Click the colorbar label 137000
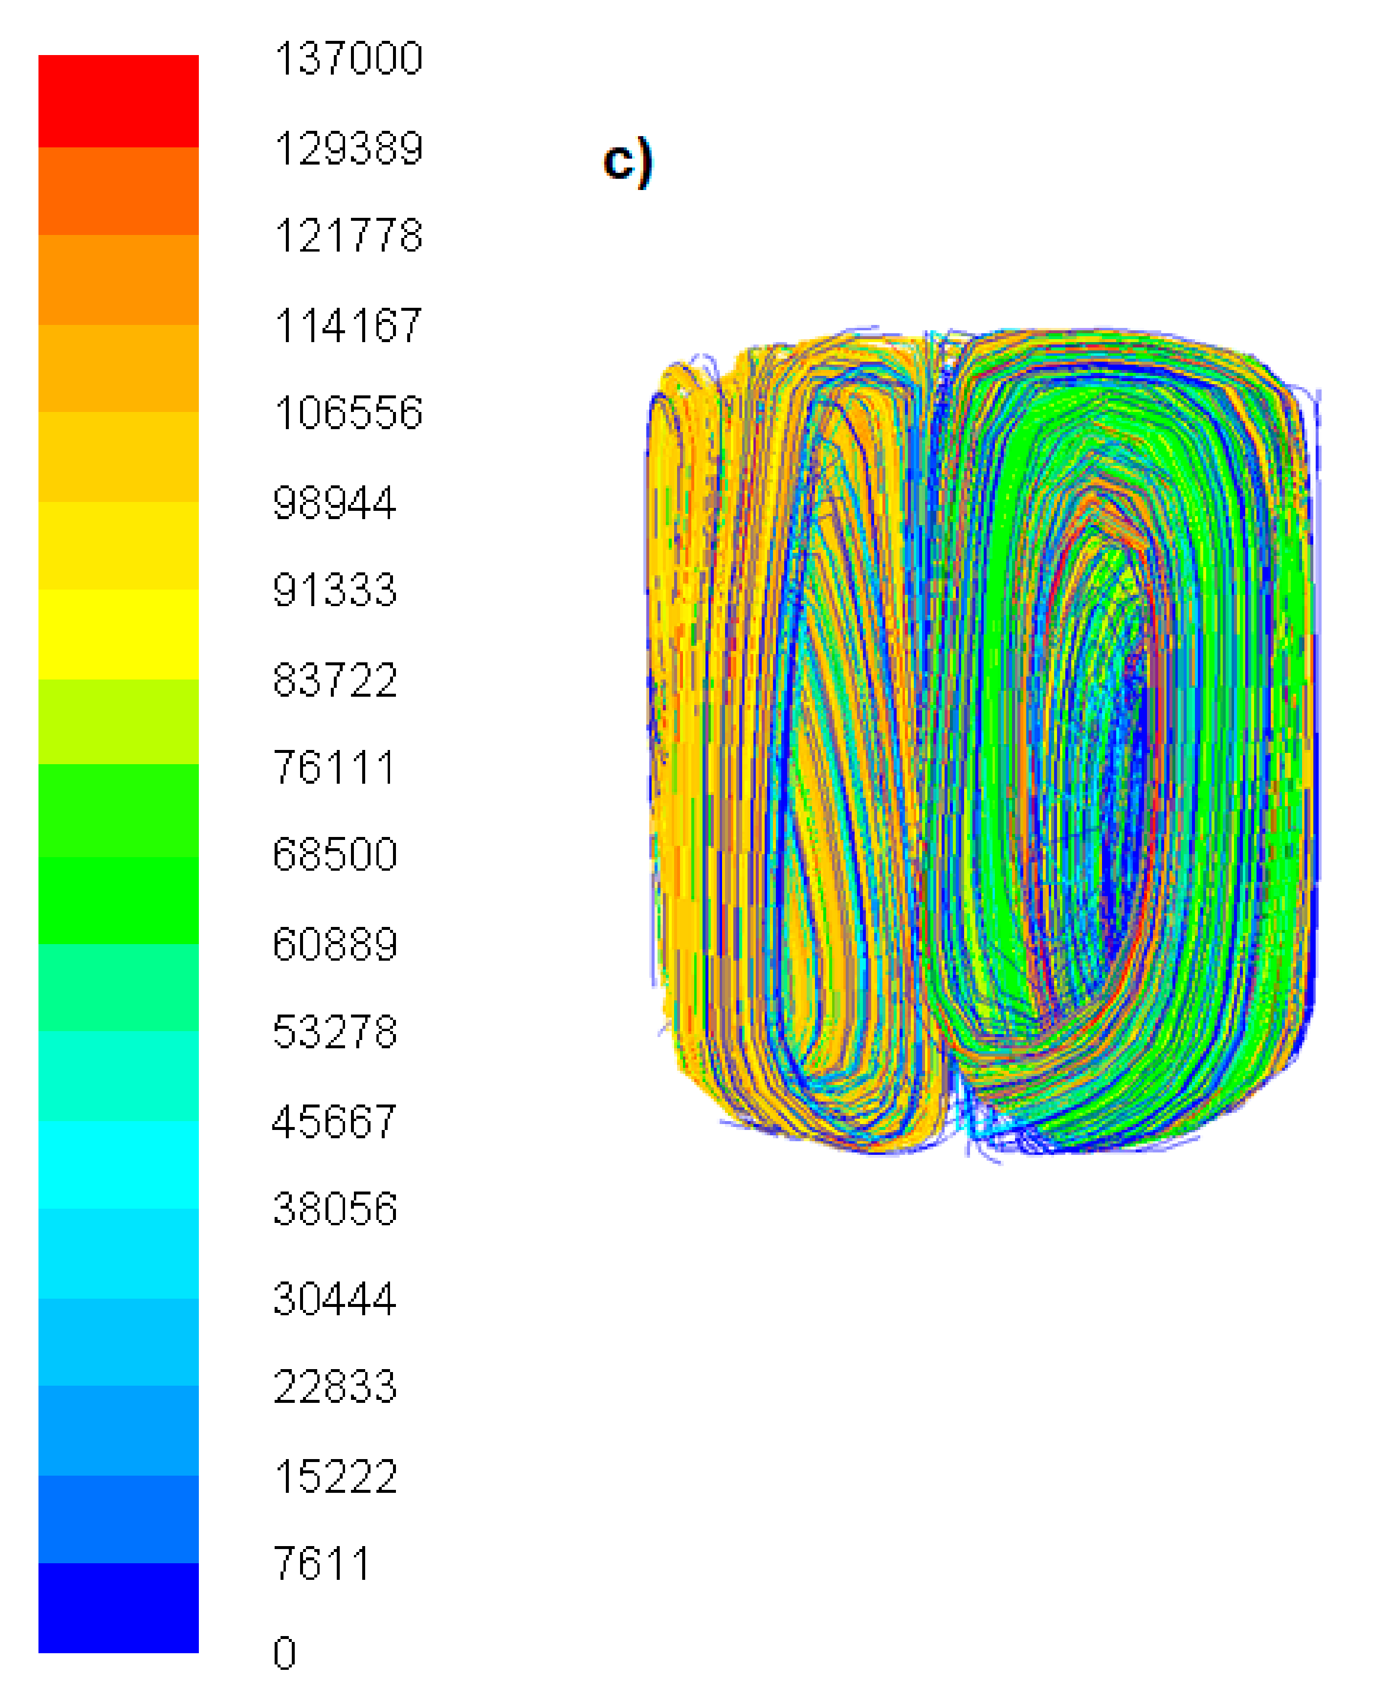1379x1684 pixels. click(348, 59)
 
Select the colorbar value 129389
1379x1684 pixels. click(348, 149)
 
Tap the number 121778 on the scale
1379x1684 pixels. click(348, 236)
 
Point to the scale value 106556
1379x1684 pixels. click(348, 413)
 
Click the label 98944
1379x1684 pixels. click(334, 503)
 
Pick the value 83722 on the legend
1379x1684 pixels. click(334, 680)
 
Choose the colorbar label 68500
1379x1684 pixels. click(334, 855)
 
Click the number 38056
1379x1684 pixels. click(334, 1209)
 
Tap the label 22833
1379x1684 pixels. click(334, 1387)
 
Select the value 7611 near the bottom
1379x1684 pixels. click(322, 1563)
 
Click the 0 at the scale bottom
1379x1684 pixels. click(284, 1653)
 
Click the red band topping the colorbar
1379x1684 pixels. click(118, 101)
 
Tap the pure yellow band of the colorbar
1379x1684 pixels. click(118, 634)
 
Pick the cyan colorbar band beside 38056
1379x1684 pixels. click(118, 1164)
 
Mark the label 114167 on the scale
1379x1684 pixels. click(348, 326)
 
